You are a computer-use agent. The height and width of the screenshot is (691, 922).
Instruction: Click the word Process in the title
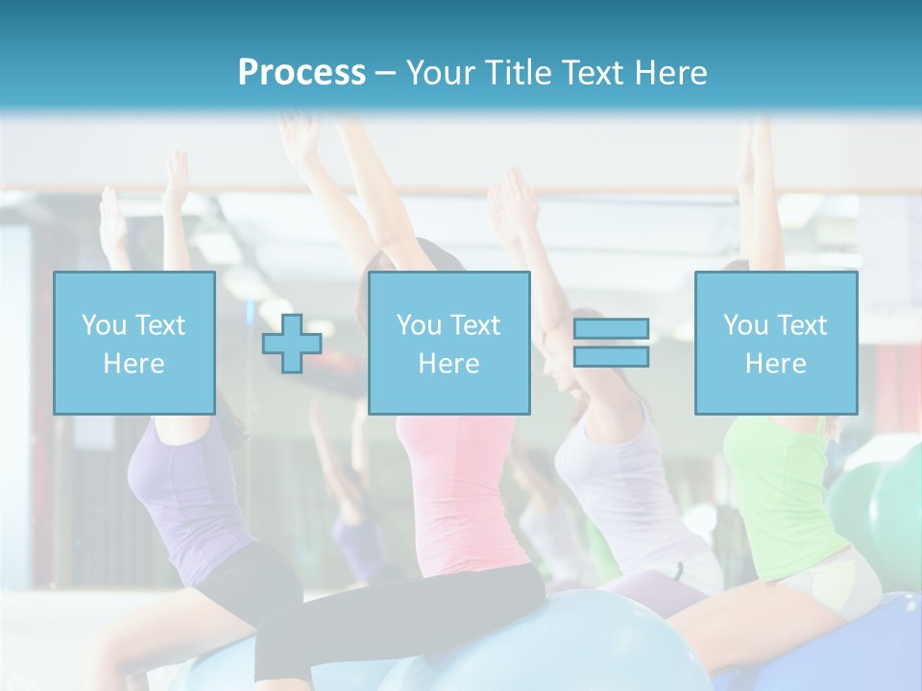(302, 72)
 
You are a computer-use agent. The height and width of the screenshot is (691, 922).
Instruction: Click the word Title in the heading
(518, 72)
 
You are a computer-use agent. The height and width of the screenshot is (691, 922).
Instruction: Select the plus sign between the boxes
(292, 344)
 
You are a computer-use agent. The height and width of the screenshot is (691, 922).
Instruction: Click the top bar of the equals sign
(611, 329)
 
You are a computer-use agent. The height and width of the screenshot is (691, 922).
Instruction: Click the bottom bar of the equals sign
(611, 356)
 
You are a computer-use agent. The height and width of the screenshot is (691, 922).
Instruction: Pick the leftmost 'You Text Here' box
(134, 343)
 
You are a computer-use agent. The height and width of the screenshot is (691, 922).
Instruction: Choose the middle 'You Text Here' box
(449, 343)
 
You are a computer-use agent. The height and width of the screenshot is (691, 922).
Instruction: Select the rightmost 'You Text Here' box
(776, 343)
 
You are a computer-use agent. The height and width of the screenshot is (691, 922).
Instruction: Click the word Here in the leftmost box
(134, 364)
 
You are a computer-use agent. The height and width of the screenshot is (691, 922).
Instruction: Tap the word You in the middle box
(419, 325)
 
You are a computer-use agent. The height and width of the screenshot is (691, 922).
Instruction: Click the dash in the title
(386, 73)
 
